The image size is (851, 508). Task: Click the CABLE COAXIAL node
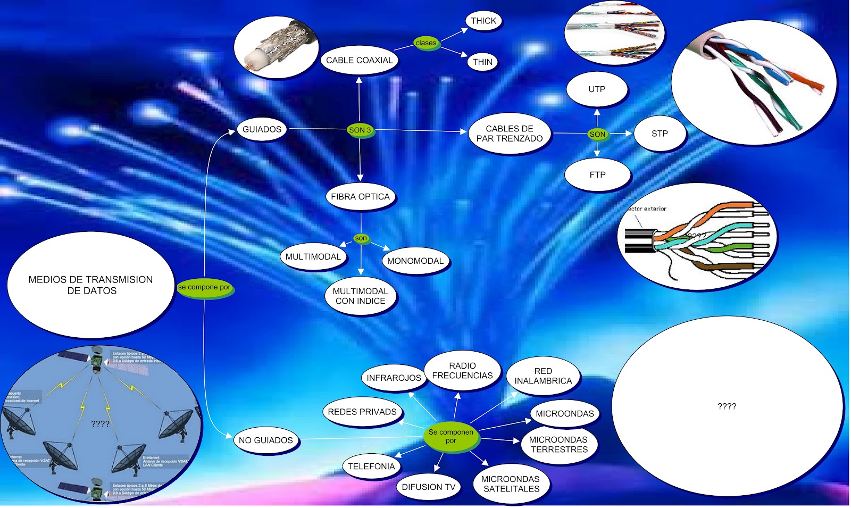tap(359, 60)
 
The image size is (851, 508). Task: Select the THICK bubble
tap(483, 21)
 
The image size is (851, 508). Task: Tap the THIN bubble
tap(482, 62)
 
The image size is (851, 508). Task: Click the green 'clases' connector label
tap(426, 43)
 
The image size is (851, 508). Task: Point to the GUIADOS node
tap(262, 129)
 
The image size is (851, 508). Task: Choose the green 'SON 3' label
tap(360, 130)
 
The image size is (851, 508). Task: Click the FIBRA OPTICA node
tap(360, 197)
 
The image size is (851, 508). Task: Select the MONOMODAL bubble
tap(415, 261)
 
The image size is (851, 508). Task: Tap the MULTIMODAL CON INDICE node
tap(360, 296)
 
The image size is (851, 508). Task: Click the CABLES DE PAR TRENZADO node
tap(510, 134)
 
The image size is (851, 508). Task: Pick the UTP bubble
tap(597, 89)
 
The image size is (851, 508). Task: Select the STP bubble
tap(660, 134)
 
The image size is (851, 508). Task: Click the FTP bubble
tap(597, 174)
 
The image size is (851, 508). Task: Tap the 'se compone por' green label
tap(205, 287)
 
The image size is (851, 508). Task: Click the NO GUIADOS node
tap(265, 440)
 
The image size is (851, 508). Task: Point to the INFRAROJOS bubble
tap(394, 378)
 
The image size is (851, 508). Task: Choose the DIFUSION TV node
tap(429, 487)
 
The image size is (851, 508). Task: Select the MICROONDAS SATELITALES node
tap(511, 484)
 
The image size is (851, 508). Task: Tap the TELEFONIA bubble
tap(371, 467)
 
